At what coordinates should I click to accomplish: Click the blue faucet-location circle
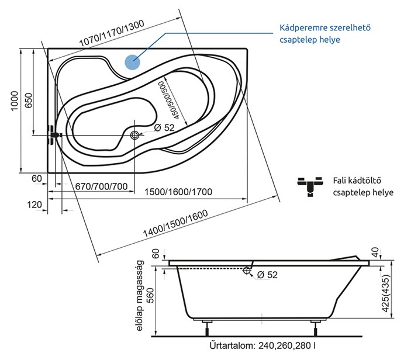(132, 62)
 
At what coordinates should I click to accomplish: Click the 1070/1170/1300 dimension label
(112, 33)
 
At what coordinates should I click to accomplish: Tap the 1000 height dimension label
(15, 101)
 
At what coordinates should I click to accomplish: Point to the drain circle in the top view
(134, 135)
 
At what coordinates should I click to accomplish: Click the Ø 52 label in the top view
(164, 127)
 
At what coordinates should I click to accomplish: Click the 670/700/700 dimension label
(101, 186)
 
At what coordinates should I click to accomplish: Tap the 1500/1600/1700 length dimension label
(178, 192)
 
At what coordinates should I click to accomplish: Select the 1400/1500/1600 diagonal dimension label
(175, 223)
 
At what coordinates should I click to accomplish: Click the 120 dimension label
(34, 205)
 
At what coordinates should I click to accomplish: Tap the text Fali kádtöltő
(357, 181)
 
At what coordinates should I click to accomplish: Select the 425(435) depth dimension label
(385, 293)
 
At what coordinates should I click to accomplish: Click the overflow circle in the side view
(247, 271)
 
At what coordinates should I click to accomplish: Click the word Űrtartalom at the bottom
(232, 345)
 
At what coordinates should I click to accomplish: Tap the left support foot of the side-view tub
(207, 327)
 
